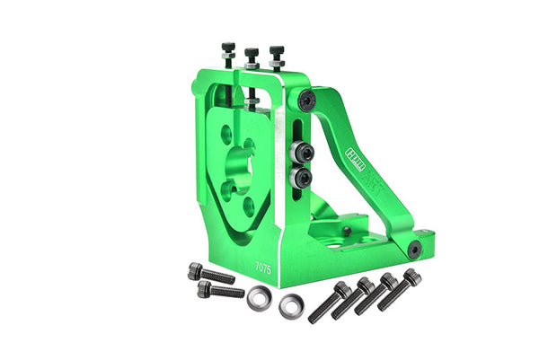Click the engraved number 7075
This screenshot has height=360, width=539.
[x=263, y=267]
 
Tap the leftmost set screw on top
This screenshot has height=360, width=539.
[x=229, y=52]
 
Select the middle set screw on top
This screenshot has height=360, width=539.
[x=252, y=56]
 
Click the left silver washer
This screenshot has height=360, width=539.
[x=259, y=297]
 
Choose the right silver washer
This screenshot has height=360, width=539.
[x=290, y=307]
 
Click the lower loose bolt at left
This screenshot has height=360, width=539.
[x=219, y=290]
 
